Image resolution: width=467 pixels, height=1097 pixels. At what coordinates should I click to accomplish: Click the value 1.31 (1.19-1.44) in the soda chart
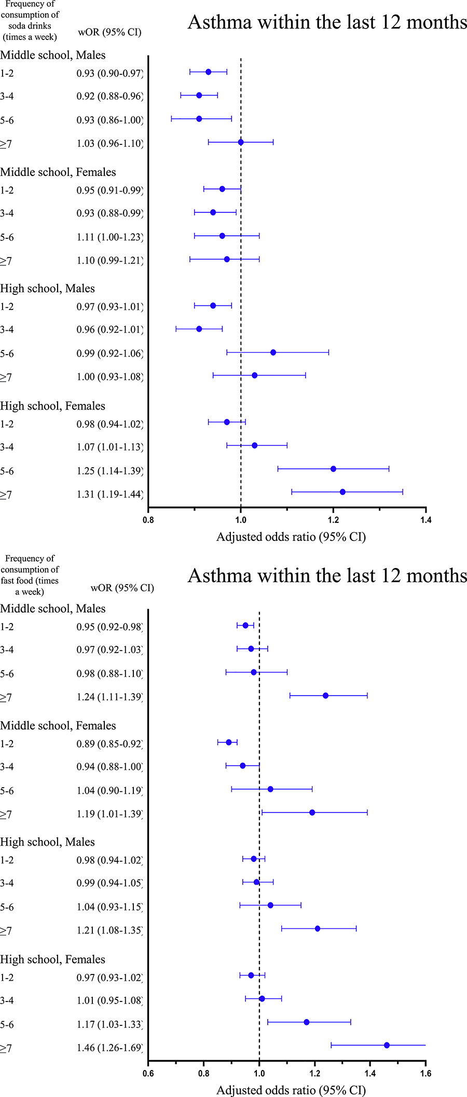click(x=109, y=494)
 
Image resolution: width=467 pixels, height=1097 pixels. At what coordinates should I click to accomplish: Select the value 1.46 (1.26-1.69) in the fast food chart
click(x=109, y=1048)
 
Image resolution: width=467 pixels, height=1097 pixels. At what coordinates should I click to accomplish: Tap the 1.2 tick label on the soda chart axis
click(x=333, y=520)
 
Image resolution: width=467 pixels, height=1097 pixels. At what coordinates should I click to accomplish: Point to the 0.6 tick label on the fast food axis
click(x=148, y=1073)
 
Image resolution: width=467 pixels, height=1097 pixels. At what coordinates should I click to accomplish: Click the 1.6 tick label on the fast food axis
click(x=425, y=1073)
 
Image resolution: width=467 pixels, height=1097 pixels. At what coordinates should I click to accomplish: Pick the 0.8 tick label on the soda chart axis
click(x=148, y=520)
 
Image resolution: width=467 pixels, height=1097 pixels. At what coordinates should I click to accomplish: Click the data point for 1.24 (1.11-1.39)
click(x=325, y=696)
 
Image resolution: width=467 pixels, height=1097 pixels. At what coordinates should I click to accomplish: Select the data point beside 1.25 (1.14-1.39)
click(x=333, y=469)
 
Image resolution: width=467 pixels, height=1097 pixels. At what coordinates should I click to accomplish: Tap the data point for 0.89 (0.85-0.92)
click(x=229, y=742)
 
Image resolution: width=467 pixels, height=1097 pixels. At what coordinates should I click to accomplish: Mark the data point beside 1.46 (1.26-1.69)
click(x=387, y=1045)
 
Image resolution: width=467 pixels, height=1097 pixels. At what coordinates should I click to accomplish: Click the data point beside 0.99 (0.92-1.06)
click(x=273, y=353)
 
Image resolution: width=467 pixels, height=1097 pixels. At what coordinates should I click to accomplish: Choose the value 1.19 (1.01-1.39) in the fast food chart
click(x=109, y=814)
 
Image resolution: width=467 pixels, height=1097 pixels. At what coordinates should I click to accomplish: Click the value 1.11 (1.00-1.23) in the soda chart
click(x=109, y=237)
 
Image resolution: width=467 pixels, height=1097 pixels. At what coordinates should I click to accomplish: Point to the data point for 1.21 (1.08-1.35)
click(x=318, y=928)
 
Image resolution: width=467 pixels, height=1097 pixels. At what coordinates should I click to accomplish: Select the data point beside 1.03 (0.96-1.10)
click(x=241, y=142)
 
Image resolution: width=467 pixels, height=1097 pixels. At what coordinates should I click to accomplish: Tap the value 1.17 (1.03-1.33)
click(x=109, y=1024)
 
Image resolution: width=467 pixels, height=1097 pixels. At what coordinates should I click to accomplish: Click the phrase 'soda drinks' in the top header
click(x=30, y=26)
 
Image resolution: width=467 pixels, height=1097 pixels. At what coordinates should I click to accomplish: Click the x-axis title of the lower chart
click(x=291, y=1090)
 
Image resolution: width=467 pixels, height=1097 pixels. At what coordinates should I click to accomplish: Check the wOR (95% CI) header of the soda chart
click(x=109, y=32)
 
